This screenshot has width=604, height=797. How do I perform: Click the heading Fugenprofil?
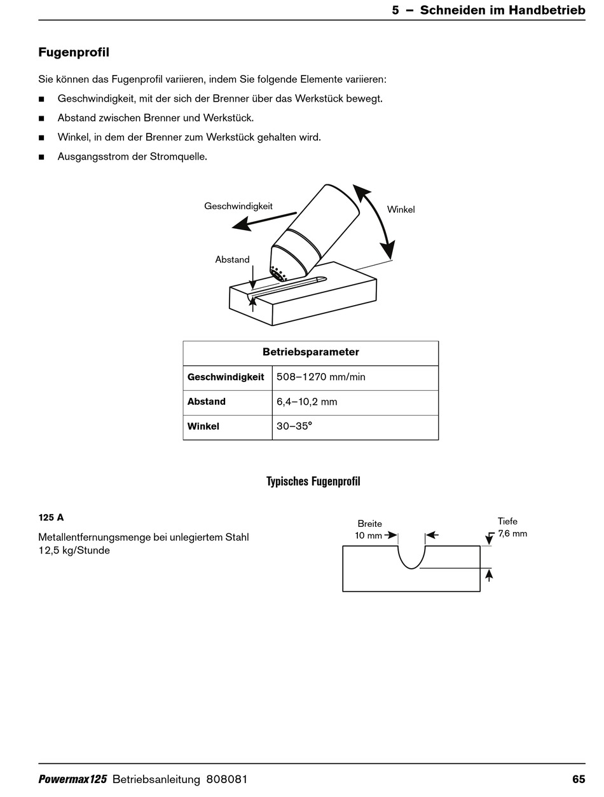point(74,52)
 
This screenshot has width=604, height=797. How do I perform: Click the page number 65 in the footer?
point(578,779)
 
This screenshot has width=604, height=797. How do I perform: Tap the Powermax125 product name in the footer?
point(72,779)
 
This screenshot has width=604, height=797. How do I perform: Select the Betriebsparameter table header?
point(310,352)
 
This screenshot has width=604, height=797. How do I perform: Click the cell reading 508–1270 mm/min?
point(321,377)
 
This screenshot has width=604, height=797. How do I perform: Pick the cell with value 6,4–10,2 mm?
point(306,402)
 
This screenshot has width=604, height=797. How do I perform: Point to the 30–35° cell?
point(294,426)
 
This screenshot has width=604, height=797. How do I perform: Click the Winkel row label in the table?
point(203,426)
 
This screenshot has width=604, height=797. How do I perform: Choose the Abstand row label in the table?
point(207,402)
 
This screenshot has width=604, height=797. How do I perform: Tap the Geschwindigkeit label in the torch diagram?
point(238,206)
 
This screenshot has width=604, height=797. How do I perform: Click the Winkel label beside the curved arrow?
point(401,209)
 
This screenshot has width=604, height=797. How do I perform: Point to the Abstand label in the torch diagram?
point(232,259)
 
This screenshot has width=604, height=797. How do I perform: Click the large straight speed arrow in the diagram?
point(264,219)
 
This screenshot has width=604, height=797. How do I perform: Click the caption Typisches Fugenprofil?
point(313,481)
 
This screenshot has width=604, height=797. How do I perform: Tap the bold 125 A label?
point(51,517)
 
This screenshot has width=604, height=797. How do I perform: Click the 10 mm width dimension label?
point(368,535)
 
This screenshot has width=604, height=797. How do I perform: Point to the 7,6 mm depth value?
point(512,533)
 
